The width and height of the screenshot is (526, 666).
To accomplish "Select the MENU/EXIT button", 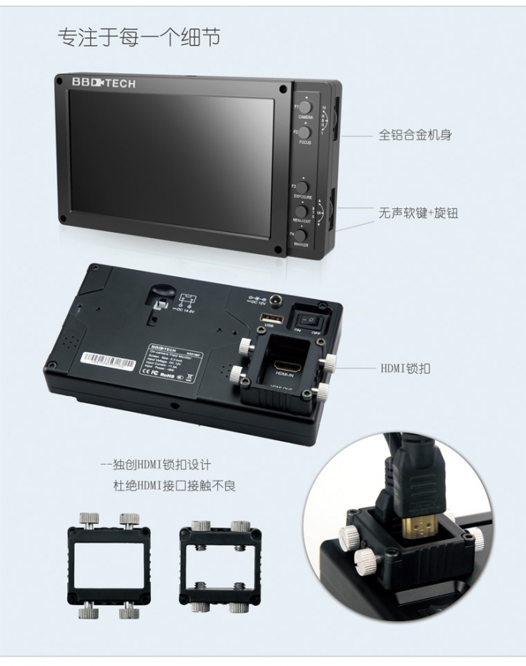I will pos(303,209).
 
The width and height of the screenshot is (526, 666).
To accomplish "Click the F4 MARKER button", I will pos(303,235).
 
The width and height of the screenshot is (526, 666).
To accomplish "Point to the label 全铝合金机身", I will pos(415,135).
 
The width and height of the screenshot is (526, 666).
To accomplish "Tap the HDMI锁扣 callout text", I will pos(406,368).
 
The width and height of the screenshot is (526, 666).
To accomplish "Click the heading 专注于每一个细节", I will pos(139,37).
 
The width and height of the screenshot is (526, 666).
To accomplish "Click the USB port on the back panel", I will pos(268,318).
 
